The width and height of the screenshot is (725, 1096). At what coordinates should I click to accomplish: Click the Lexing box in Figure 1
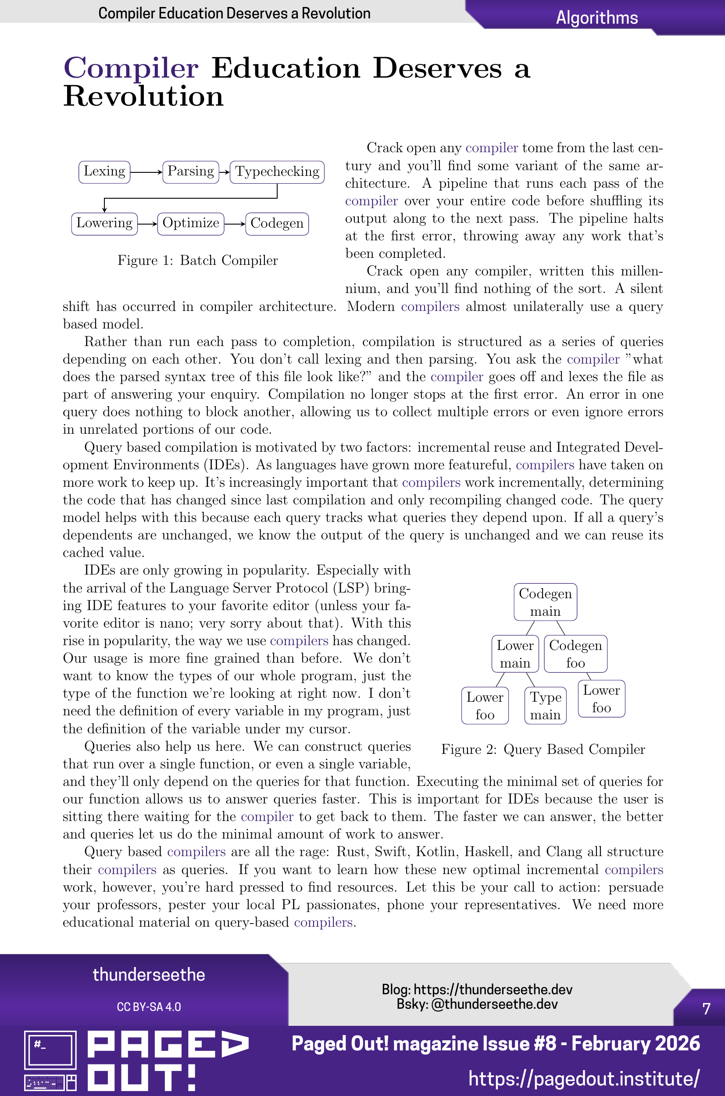tap(104, 172)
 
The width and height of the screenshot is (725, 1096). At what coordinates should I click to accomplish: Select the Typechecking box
tap(277, 172)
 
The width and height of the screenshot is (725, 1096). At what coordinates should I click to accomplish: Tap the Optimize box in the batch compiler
tap(190, 224)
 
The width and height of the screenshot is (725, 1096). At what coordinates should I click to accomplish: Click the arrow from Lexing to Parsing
tap(146, 172)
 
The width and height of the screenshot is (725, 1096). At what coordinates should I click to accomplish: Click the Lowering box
tap(104, 224)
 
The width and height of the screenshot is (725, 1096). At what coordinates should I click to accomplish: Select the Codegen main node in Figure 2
tap(545, 602)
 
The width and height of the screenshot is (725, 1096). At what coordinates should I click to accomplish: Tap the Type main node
tap(545, 705)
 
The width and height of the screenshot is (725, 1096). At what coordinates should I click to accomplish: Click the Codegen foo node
tap(575, 653)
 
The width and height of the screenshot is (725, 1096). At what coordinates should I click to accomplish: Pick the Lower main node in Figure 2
tap(515, 653)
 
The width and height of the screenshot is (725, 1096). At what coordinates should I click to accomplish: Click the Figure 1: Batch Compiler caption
tap(197, 261)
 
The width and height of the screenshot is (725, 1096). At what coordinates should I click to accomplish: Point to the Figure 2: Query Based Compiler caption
tap(543, 750)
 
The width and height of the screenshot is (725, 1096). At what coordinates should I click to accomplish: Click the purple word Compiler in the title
tap(131, 68)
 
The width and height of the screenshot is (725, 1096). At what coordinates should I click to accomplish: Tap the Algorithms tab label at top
tap(596, 18)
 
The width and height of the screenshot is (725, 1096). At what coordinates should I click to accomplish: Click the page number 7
tap(706, 1009)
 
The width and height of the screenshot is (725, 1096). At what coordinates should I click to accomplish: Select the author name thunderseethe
tap(149, 975)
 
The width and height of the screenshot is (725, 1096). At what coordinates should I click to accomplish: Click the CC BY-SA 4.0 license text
tap(149, 1007)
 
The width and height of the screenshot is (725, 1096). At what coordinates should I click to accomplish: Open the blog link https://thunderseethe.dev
tap(493, 989)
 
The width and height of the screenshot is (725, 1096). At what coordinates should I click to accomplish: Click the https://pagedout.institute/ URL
tap(583, 1078)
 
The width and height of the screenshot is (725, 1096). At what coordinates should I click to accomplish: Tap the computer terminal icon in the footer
tap(50, 1060)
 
